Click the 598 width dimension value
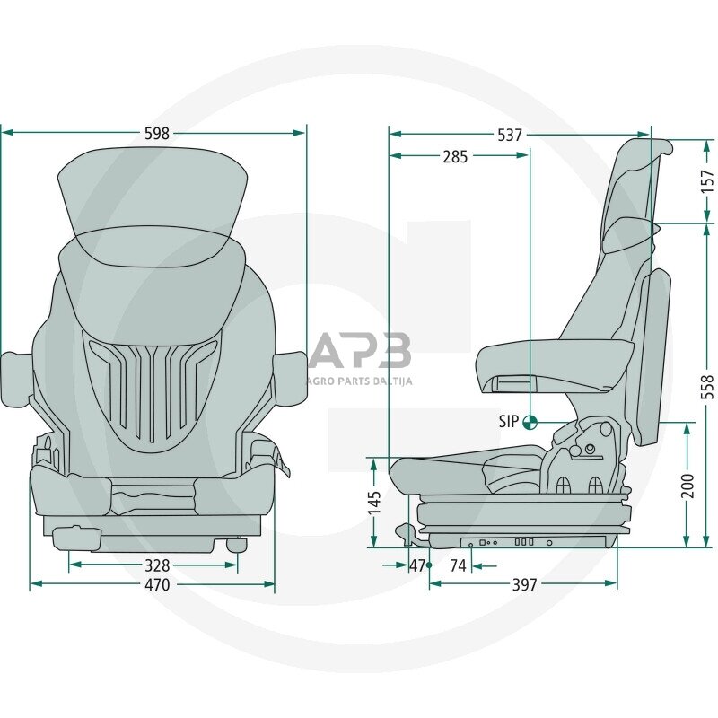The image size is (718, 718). (157, 133)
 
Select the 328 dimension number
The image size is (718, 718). (157, 565)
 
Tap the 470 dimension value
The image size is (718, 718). (157, 585)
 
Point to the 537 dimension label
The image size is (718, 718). (510, 135)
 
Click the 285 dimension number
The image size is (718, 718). (455, 156)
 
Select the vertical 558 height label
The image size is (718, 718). (707, 385)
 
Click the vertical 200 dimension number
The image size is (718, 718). (688, 485)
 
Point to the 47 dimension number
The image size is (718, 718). (417, 565)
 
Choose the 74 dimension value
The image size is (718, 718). (458, 565)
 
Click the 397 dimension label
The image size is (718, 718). (524, 584)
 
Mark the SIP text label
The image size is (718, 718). (509, 421)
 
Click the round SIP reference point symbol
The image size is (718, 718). (530, 421)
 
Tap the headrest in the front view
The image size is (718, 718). (153, 193)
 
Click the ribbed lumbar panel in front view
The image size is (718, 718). (154, 390)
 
